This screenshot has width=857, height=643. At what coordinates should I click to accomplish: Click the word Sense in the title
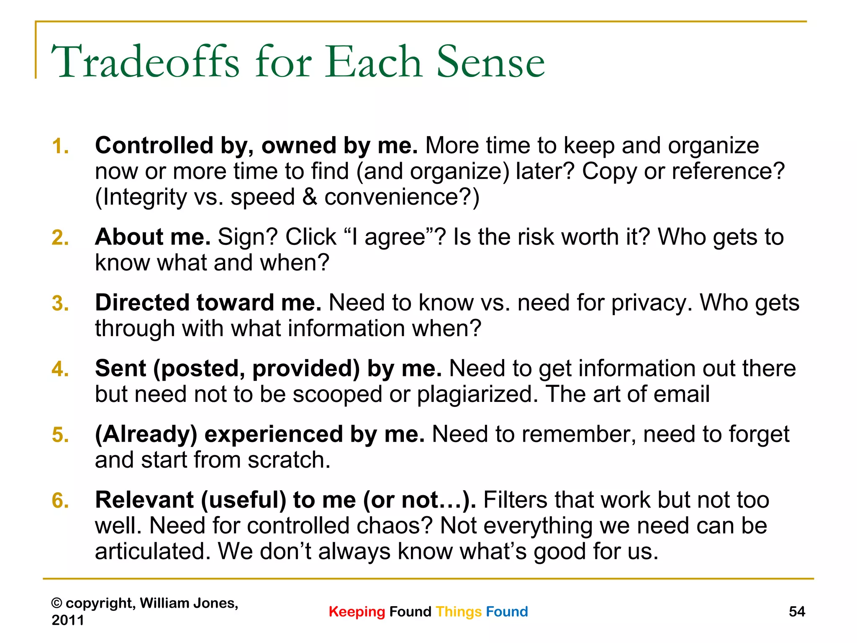[x=490, y=62]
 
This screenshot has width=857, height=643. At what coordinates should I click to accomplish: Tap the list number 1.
[x=60, y=147]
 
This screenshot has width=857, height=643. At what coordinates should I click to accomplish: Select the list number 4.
[x=60, y=369]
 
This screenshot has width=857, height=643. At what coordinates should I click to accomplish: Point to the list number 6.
[x=60, y=501]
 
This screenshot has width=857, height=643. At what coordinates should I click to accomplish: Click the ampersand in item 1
[x=310, y=197]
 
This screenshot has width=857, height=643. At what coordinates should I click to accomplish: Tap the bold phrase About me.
[x=153, y=237]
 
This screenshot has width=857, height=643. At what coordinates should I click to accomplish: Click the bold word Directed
[x=142, y=303]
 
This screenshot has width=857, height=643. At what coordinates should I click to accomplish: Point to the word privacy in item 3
[x=651, y=303]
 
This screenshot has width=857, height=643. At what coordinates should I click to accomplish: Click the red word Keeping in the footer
[x=357, y=612]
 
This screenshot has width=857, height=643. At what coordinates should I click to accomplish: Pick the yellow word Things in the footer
[x=459, y=612]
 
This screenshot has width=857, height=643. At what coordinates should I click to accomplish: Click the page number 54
[x=797, y=612]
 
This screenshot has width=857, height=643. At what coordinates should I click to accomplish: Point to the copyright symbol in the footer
[x=56, y=603]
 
